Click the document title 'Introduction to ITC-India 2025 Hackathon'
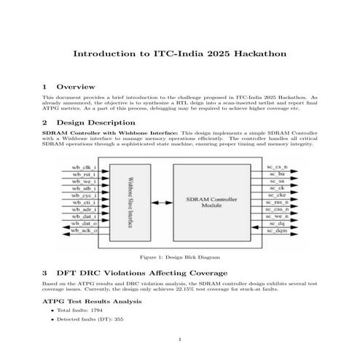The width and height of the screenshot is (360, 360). point(179,55)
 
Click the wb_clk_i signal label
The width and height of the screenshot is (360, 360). point(83,168)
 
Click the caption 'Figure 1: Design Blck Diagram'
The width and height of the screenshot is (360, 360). point(179,257)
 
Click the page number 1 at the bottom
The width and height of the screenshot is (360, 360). point(179,340)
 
